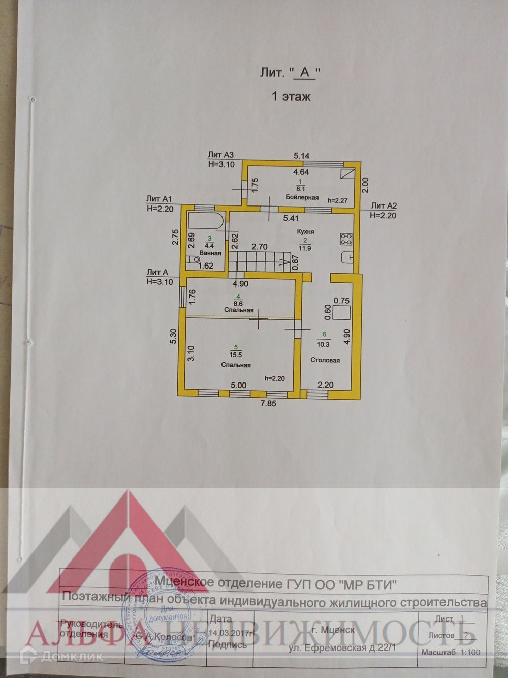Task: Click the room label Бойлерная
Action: pyautogui.click(x=302, y=197)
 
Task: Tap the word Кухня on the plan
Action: pyautogui.click(x=305, y=231)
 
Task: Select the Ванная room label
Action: pyautogui.click(x=210, y=253)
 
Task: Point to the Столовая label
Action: pyautogui.click(x=325, y=360)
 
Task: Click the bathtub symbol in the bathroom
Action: pyautogui.click(x=205, y=221)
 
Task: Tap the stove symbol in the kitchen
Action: pyautogui.click(x=347, y=238)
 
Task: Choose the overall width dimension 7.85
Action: pyautogui.click(x=268, y=404)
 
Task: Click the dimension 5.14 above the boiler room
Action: pyautogui.click(x=302, y=156)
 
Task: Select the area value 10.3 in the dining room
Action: pyautogui.click(x=323, y=344)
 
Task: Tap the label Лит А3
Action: pyautogui.click(x=220, y=155)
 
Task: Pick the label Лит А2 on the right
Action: pyautogui.click(x=384, y=206)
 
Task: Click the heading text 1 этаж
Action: pyautogui.click(x=291, y=96)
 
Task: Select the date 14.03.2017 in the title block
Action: pyautogui.click(x=231, y=633)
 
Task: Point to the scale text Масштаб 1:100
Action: pyautogui.click(x=451, y=653)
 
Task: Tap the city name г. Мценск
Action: pyautogui.click(x=333, y=630)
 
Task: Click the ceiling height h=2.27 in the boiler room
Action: pyautogui.click(x=337, y=200)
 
